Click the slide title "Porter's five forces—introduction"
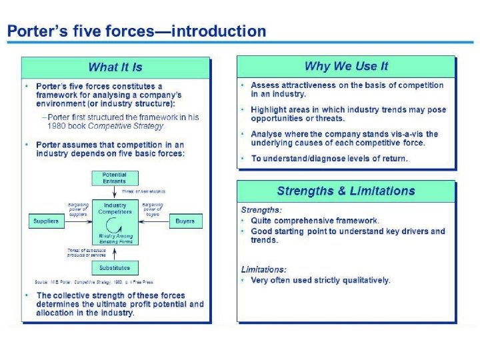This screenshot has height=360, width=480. (x=136, y=31)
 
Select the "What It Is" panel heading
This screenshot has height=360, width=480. (x=115, y=67)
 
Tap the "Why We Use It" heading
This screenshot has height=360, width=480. (x=346, y=66)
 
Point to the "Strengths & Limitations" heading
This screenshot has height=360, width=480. (x=346, y=191)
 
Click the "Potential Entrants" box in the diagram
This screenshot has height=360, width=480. (x=114, y=179)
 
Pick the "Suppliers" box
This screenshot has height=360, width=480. (x=46, y=221)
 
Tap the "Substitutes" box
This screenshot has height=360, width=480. (x=114, y=268)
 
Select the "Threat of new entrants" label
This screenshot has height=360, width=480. (x=143, y=191)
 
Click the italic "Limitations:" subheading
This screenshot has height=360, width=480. (x=263, y=269)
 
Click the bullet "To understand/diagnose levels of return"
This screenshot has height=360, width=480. (x=329, y=159)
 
